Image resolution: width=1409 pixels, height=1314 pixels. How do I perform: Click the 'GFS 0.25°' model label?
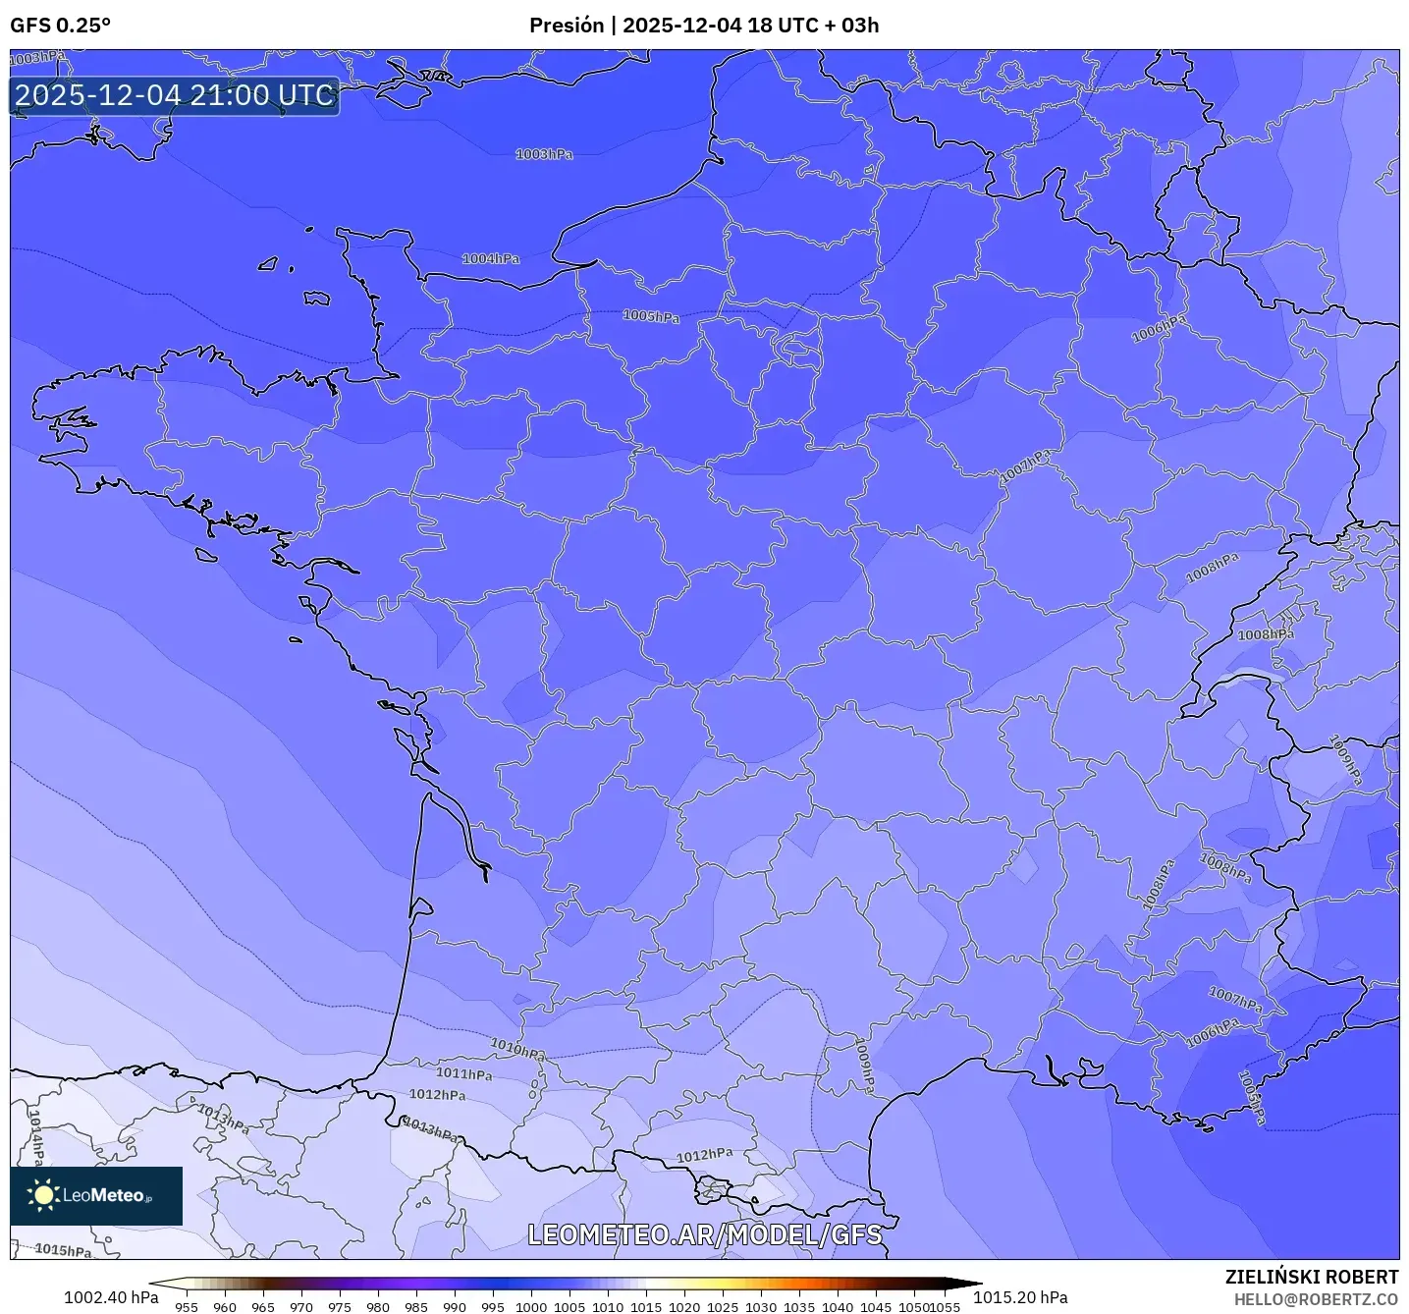click(60, 26)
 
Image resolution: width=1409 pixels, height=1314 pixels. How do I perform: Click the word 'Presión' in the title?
click(567, 26)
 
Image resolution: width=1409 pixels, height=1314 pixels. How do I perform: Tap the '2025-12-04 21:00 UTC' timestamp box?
click(175, 95)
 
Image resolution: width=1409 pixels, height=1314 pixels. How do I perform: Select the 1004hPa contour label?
click(491, 258)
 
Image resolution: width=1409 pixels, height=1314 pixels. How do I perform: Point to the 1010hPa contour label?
click(517, 1049)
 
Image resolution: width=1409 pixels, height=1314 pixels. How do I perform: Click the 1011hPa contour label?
click(463, 1074)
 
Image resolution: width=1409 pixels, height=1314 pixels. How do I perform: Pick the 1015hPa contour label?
click(63, 1250)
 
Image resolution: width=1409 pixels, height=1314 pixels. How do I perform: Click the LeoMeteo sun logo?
click(43, 1195)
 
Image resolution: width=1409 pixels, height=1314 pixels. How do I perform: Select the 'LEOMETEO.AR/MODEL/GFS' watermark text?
click(704, 1234)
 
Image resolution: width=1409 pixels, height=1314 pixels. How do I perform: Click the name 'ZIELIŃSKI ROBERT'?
click(1312, 1277)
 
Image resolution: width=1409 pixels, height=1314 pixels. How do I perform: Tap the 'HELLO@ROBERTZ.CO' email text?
click(1316, 1299)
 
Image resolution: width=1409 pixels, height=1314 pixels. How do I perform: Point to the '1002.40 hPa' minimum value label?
click(111, 1297)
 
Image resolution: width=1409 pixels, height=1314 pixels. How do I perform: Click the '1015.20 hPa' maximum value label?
click(1020, 1297)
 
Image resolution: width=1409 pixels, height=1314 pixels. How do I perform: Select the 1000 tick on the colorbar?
click(531, 1306)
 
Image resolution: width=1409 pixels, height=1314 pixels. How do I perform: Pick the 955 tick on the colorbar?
click(186, 1306)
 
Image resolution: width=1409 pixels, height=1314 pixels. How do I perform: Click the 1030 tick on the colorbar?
click(760, 1306)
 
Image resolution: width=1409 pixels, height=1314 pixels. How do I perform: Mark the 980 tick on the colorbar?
click(378, 1306)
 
